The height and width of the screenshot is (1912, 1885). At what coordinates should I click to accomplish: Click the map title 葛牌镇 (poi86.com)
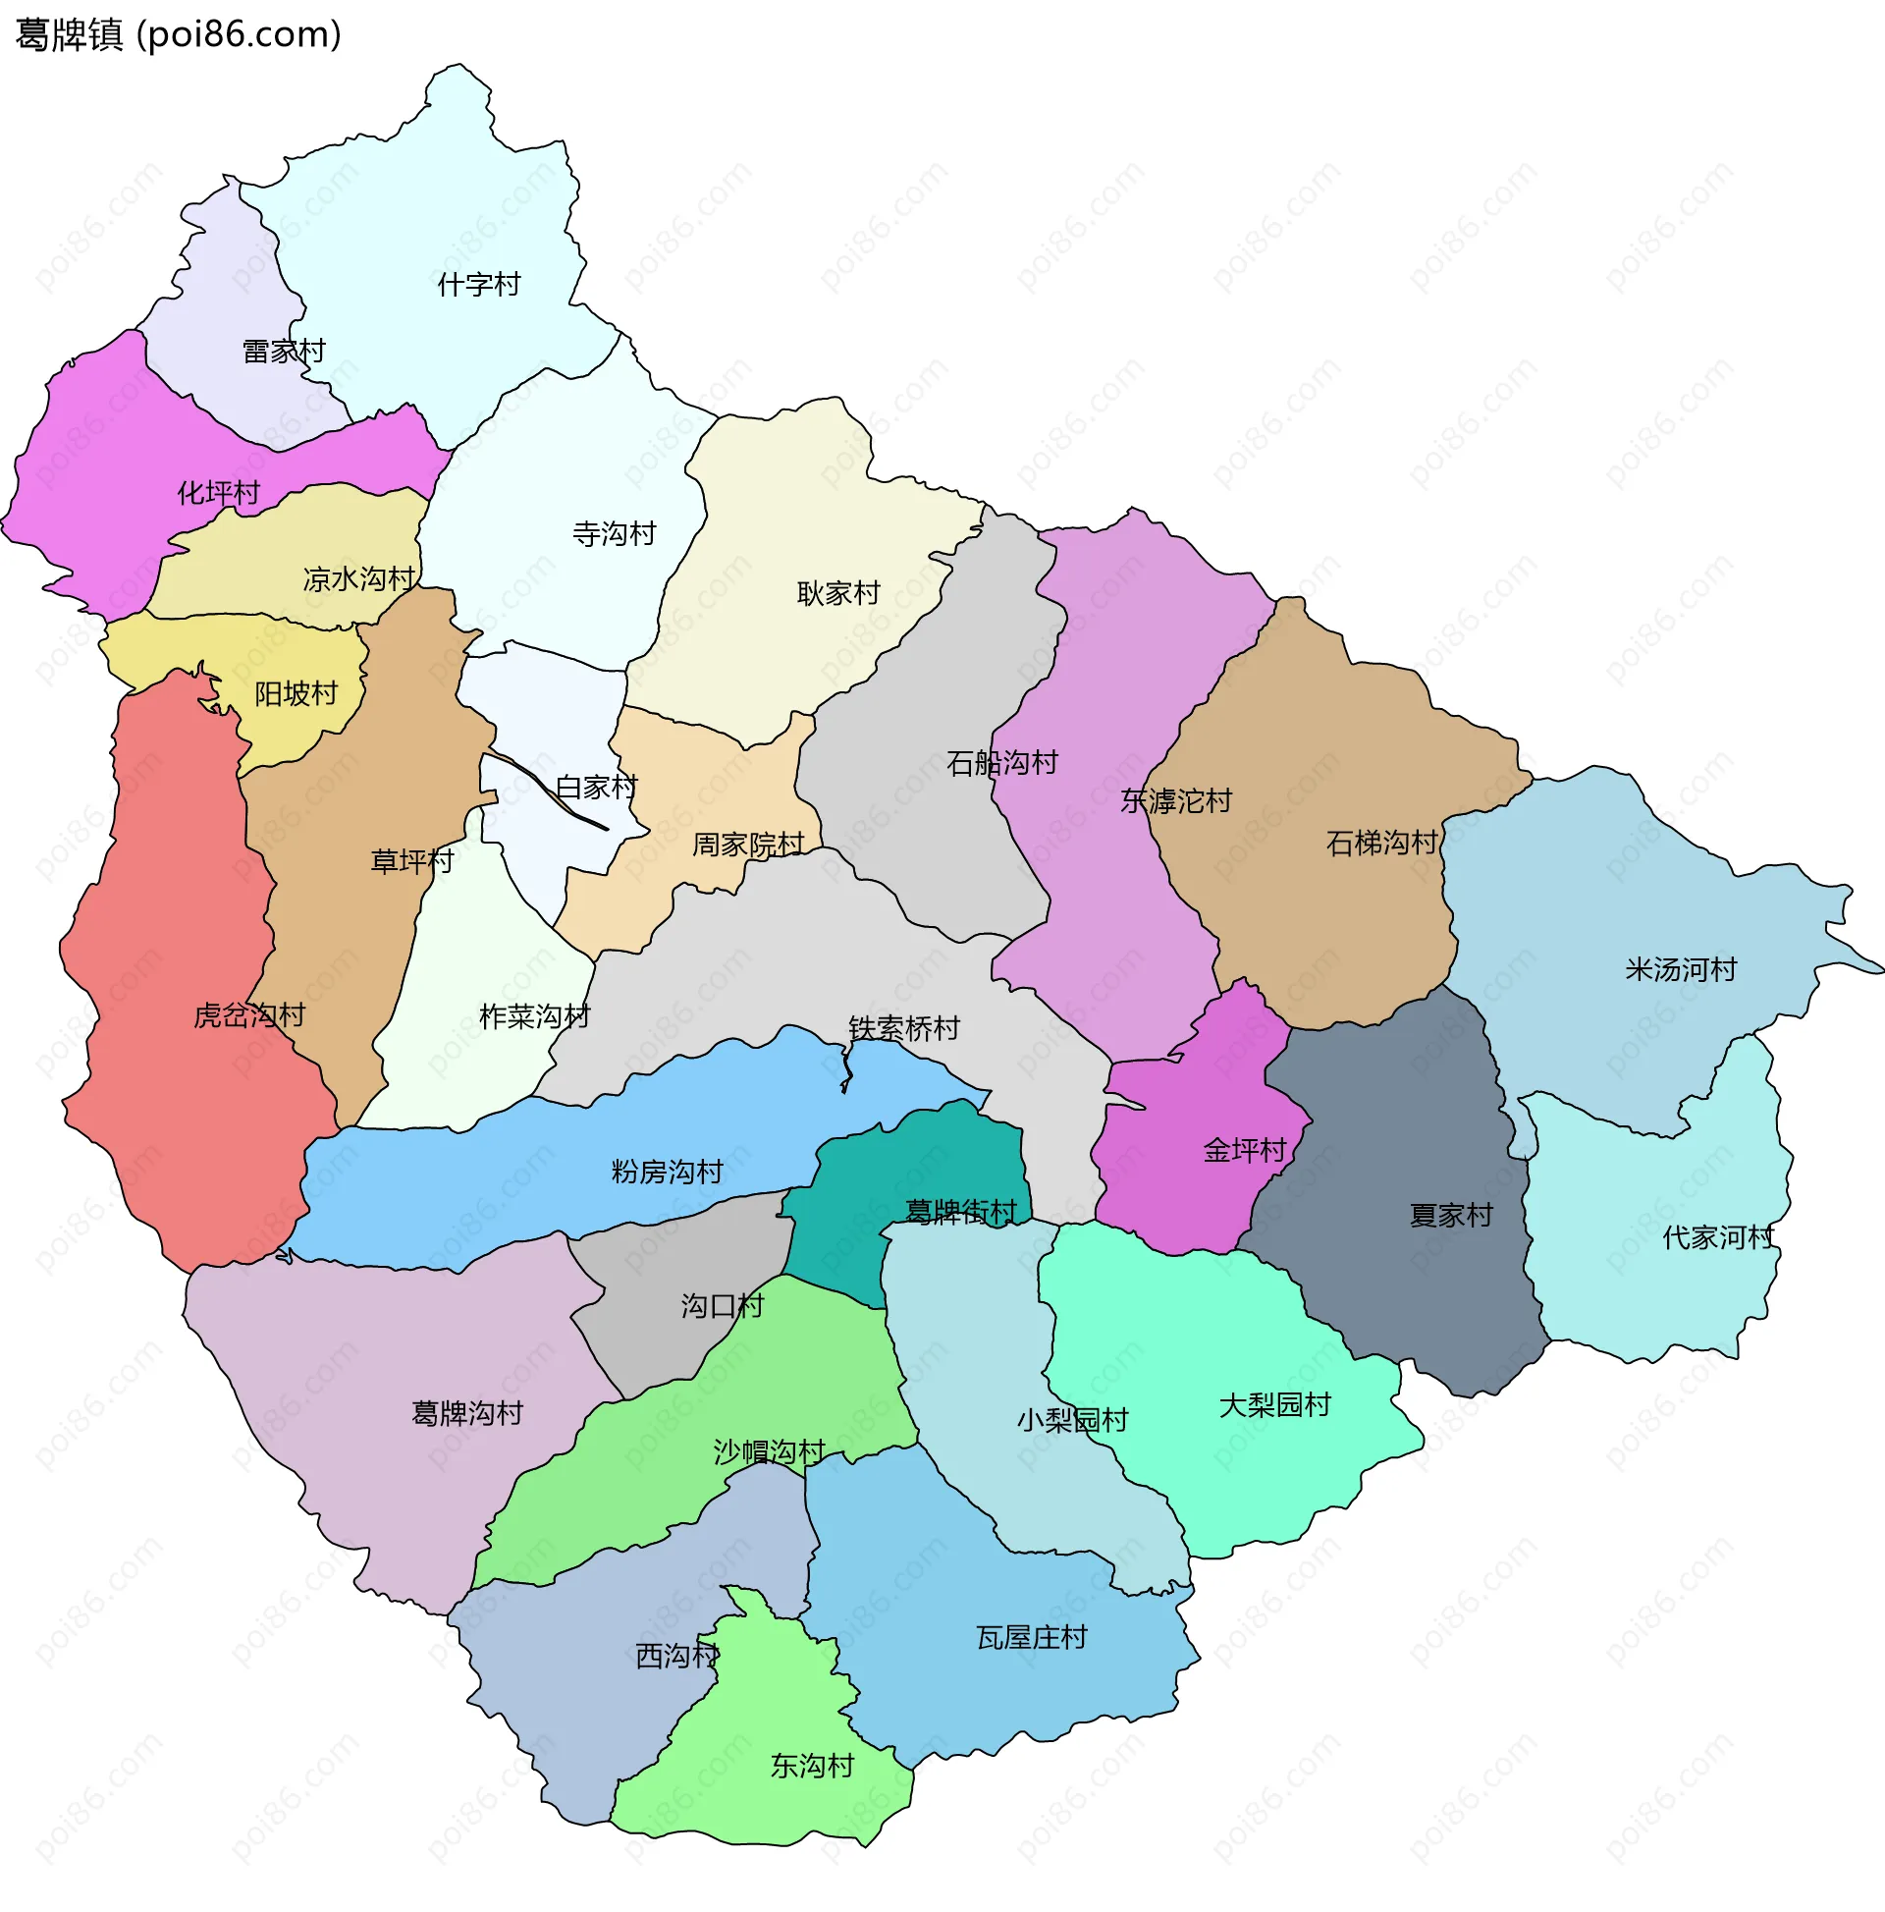(178, 34)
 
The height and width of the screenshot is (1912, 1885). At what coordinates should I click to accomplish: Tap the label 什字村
(479, 285)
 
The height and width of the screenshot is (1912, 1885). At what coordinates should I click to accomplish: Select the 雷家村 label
(284, 352)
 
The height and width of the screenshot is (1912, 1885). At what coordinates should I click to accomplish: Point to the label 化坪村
(218, 493)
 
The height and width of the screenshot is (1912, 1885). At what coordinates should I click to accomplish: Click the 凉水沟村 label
(359, 579)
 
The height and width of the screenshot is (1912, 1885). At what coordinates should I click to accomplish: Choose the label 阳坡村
(296, 693)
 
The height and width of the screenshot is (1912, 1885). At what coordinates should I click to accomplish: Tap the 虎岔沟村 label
(249, 1015)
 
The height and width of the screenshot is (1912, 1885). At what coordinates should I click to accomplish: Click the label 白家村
(596, 788)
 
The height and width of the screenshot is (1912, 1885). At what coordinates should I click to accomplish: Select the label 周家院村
(747, 846)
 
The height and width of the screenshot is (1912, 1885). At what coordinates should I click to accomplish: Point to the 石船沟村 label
(1001, 763)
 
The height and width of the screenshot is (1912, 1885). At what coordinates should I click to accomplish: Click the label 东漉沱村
(1175, 801)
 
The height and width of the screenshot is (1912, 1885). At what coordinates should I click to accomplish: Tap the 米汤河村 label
(1680, 970)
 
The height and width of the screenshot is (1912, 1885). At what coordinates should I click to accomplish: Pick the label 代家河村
(1718, 1238)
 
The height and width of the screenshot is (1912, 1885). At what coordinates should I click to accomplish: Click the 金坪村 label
(1244, 1151)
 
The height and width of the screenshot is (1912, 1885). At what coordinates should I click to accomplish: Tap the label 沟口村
(722, 1306)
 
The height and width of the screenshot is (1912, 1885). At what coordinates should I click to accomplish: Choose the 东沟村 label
(811, 1767)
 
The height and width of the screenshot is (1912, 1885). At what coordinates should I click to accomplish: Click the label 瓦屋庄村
(1031, 1638)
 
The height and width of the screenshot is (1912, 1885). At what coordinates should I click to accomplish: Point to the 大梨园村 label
(1274, 1405)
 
